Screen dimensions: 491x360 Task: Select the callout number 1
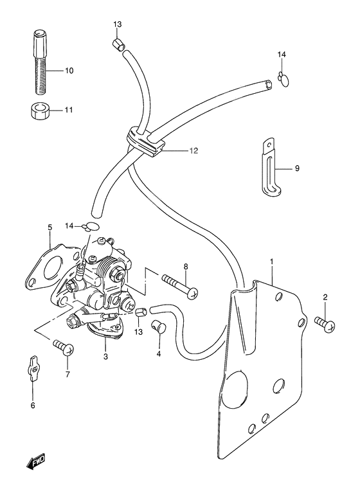click(x=271, y=262)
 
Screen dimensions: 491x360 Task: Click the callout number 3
click(x=105, y=354)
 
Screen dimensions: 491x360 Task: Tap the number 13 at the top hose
click(x=118, y=24)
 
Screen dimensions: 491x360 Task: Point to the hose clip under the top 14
click(x=283, y=78)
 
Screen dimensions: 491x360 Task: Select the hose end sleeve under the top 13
click(x=117, y=44)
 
